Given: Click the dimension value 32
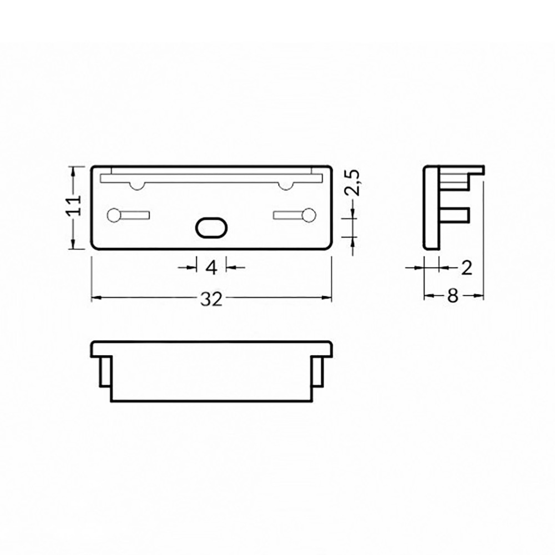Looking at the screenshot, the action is (211, 300).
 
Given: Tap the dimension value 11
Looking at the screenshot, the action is (74, 205).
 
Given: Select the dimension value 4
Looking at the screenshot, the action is (211, 268).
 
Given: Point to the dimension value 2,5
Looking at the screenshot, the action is (352, 183).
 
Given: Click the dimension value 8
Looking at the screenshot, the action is (453, 296).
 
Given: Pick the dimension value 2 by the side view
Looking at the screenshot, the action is (467, 268).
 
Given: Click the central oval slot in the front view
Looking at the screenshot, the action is (211, 228).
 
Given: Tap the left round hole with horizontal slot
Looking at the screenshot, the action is (128, 215).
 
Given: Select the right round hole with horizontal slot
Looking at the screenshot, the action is (295, 215).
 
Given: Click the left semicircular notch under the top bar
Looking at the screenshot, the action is (137, 186).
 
